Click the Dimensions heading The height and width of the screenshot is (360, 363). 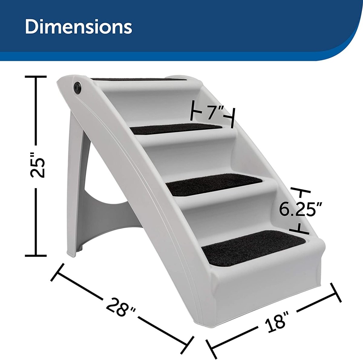pos(78,27)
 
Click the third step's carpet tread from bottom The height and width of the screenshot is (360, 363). pos(177,128)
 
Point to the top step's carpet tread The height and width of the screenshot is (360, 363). pos(139,79)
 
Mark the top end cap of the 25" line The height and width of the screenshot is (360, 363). pos(36,77)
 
